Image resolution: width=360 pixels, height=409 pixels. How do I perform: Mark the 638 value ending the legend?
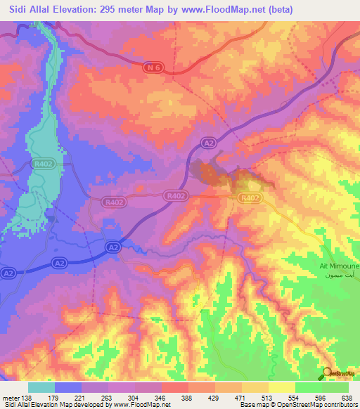346,396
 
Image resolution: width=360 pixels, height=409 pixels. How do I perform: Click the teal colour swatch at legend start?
41,387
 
